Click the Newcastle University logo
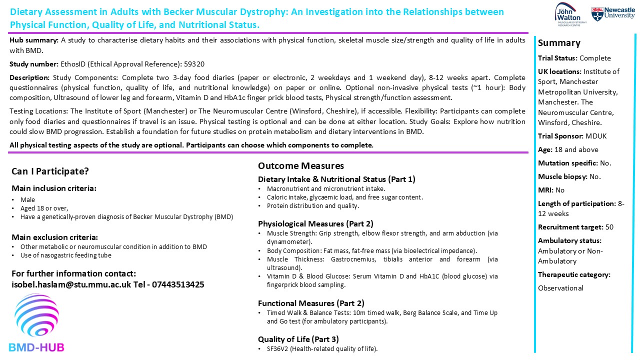tap(613, 13)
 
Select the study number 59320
tap(194, 64)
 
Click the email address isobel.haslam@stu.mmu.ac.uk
tap(71, 284)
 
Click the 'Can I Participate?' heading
tap(50, 171)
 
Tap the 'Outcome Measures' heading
tap(300, 166)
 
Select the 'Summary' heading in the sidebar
tap(559, 43)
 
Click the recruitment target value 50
tap(609, 227)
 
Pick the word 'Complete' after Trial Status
tap(595, 58)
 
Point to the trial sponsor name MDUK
tap(596, 136)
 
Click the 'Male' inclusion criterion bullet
tap(27, 200)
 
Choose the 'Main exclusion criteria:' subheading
tap(55, 237)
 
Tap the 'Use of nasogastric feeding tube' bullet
tap(65, 255)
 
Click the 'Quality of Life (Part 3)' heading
tap(298, 339)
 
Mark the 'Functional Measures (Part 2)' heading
tap(311, 303)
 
